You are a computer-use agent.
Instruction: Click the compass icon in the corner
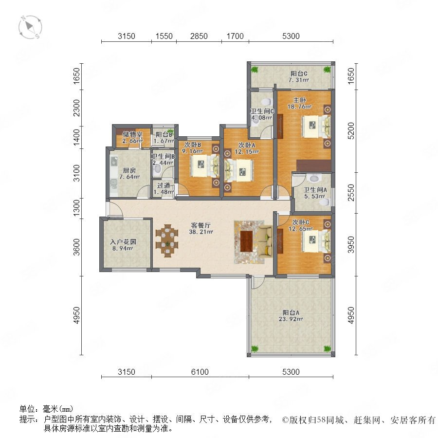[x=30, y=27]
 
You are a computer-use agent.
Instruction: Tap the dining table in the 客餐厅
[x=167, y=241]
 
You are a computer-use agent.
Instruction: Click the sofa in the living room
[x=265, y=241]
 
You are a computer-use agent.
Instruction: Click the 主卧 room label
[x=299, y=100]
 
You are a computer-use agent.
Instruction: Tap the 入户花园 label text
[x=123, y=241]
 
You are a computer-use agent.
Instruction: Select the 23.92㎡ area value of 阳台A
[x=291, y=319]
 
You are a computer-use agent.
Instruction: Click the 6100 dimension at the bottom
[x=200, y=372]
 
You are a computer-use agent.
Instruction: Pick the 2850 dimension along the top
[x=199, y=36]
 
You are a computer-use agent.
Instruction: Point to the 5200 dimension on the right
[x=351, y=130]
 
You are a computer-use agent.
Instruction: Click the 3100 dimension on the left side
[x=76, y=173]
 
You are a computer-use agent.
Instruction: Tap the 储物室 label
[x=133, y=134]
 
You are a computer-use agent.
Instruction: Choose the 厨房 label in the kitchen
[x=129, y=170]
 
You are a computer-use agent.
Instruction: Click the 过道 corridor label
[x=164, y=185]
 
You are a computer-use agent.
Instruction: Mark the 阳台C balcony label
[x=299, y=73]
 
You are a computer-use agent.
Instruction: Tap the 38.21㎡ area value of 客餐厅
[x=201, y=232]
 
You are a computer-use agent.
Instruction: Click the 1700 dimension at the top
[x=235, y=36]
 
